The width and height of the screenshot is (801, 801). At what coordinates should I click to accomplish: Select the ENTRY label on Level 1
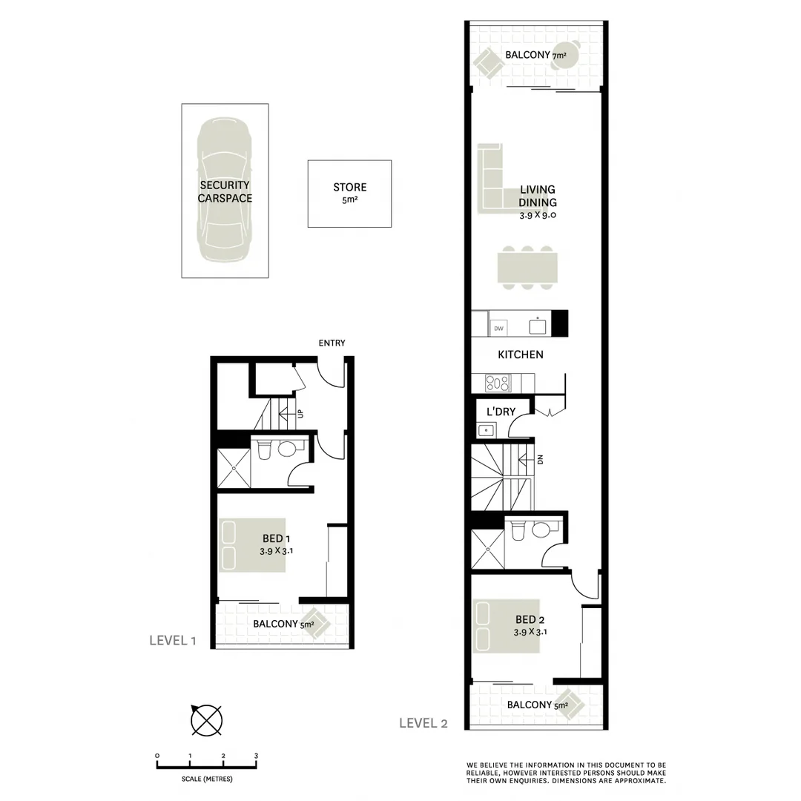(x=332, y=343)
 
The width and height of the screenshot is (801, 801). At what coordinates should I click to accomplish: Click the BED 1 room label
(x=275, y=544)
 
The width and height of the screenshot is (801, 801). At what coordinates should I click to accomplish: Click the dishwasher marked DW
(x=499, y=328)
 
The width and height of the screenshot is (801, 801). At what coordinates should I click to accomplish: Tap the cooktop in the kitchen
(x=498, y=383)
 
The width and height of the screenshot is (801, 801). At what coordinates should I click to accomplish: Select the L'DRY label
(x=501, y=412)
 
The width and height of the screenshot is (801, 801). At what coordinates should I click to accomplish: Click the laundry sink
(x=487, y=429)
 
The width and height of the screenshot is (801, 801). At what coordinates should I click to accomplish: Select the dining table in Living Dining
(x=527, y=268)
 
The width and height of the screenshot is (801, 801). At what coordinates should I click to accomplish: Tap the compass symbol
(x=205, y=719)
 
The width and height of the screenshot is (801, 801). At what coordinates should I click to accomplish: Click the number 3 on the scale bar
(x=256, y=756)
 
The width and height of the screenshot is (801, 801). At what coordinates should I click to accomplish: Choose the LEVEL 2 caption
(x=423, y=723)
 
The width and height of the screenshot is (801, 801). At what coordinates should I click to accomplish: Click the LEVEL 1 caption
(x=172, y=641)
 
